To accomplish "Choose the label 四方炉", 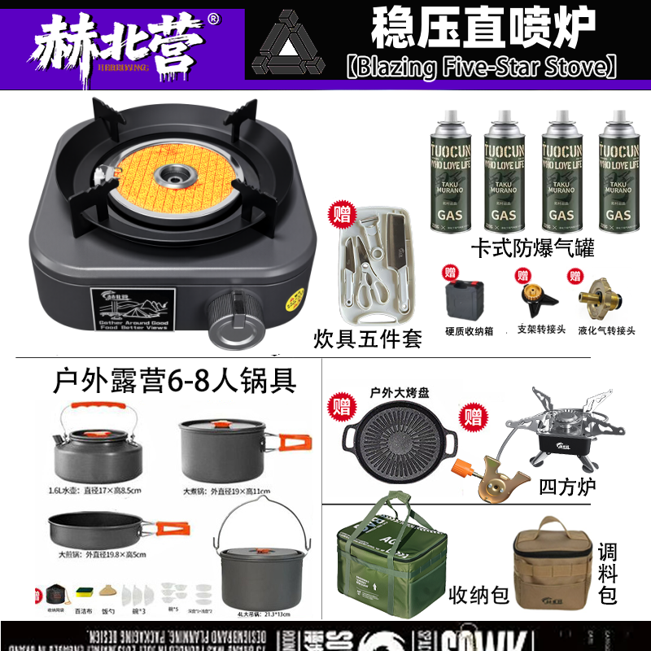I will (567, 486).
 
